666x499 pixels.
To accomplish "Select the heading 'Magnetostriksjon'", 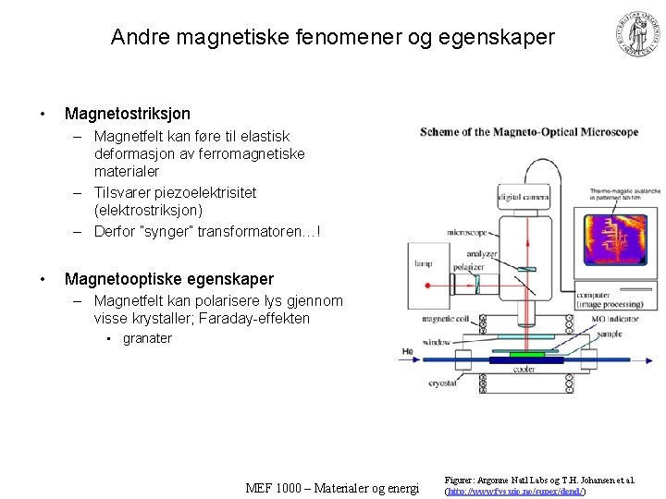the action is (x=128, y=114).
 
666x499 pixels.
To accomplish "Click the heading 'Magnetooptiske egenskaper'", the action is (x=169, y=279).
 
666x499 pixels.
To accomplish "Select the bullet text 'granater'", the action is (x=147, y=338).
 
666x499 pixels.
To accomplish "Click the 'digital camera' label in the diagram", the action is (x=522, y=196).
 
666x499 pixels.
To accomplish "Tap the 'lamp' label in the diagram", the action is (x=423, y=264).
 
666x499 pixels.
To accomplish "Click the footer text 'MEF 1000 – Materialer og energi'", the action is (x=332, y=488).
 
